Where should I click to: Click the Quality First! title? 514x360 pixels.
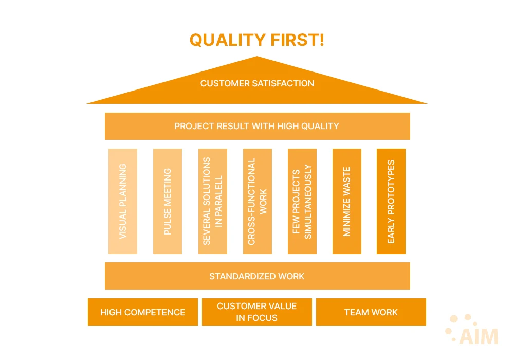(x=257, y=40)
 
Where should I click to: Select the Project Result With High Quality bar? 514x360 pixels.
(x=257, y=126)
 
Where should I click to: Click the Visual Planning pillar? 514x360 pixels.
(x=123, y=201)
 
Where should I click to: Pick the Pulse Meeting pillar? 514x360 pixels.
(x=168, y=201)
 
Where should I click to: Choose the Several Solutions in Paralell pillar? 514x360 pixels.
(x=212, y=201)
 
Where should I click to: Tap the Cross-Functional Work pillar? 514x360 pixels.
(x=257, y=201)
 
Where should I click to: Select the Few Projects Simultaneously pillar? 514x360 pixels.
(x=302, y=201)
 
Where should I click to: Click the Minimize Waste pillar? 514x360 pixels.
(x=346, y=201)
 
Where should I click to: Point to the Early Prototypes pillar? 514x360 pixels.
(x=391, y=201)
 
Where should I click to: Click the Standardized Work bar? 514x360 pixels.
(x=257, y=276)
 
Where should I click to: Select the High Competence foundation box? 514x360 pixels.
(x=142, y=312)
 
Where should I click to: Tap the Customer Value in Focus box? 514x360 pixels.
(x=257, y=312)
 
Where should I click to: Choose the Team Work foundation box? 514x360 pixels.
(x=371, y=312)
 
